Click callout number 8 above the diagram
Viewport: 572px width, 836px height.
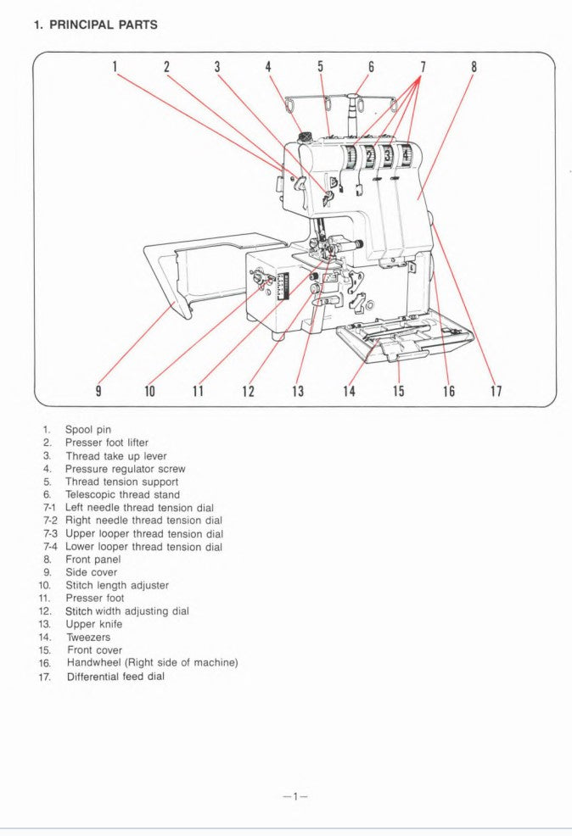point(474,66)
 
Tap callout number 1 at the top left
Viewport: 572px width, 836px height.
point(115,66)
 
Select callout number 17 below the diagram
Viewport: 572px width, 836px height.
point(496,391)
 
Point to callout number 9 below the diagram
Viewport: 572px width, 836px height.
point(98,391)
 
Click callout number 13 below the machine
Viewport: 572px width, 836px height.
point(298,391)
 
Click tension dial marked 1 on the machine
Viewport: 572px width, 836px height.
point(350,156)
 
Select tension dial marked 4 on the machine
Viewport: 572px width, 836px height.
point(406,156)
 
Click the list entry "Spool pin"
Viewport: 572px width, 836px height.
point(88,430)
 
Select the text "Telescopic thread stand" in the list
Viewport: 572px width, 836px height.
point(122,494)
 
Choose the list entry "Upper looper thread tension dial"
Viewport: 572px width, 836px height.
point(144,534)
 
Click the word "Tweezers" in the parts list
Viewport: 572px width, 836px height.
point(88,637)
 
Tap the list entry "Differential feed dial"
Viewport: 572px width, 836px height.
point(115,677)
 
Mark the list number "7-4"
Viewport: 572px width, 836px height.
point(49,547)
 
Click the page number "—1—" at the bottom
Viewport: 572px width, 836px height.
point(294,796)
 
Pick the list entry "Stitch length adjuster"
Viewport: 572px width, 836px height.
point(117,585)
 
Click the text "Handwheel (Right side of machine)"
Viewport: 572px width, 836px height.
point(152,663)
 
